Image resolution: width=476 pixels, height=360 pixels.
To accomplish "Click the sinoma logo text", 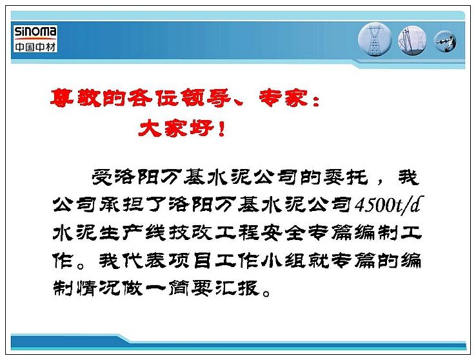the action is tap(35, 32).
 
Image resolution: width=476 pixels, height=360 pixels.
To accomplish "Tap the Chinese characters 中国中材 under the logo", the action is tap(35, 46).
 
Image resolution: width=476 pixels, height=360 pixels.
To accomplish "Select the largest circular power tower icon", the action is tap(375, 39).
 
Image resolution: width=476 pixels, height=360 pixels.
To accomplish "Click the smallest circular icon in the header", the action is tap(445, 41).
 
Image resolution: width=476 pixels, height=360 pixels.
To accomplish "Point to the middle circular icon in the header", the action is tap(412, 40).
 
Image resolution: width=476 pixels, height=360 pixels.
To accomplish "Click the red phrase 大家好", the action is tap(176, 128).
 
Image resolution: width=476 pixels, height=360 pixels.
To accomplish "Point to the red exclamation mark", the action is tap(222, 128).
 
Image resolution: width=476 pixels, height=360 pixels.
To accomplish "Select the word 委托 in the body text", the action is tap(346, 177).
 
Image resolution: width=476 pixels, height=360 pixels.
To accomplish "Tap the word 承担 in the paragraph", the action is tap(122, 205).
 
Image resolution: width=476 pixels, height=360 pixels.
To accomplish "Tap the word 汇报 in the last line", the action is tap(238, 288).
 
